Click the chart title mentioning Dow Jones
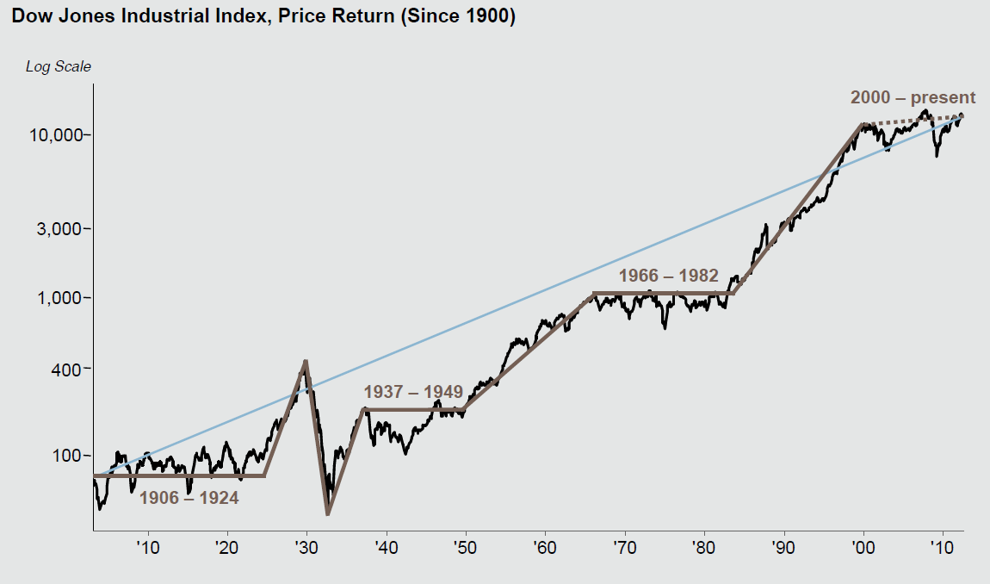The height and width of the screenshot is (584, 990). point(263,17)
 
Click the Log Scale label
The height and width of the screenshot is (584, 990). point(58,66)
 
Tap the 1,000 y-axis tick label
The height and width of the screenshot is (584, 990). point(62,298)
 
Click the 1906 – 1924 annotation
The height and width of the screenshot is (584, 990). point(189,498)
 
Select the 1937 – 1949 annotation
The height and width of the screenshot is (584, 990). point(413,392)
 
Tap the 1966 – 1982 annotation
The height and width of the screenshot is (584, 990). point(669,276)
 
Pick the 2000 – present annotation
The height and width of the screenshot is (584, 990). point(913,97)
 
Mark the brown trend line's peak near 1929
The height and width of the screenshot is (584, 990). point(306,361)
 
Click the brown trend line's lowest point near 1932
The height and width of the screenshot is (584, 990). point(328,514)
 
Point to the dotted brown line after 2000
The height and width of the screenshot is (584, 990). point(913,119)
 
